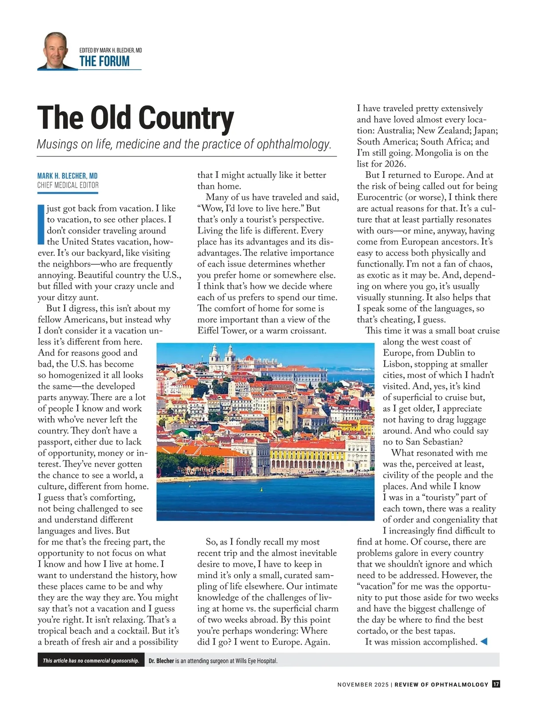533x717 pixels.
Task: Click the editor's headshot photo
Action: click(x=56, y=51)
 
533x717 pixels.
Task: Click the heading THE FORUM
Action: click(x=104, y=61)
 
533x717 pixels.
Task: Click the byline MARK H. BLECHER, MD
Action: click(x=68, y=176)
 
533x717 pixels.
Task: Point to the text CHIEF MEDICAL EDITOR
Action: click(x=68, y=185)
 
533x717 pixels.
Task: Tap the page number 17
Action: click(x=496, y=684)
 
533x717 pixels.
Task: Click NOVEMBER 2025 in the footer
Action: click(x=362, y=685)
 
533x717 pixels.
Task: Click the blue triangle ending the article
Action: click(x=484, y=641)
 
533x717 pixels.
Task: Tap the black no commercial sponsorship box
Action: click(x=91, y=661)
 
